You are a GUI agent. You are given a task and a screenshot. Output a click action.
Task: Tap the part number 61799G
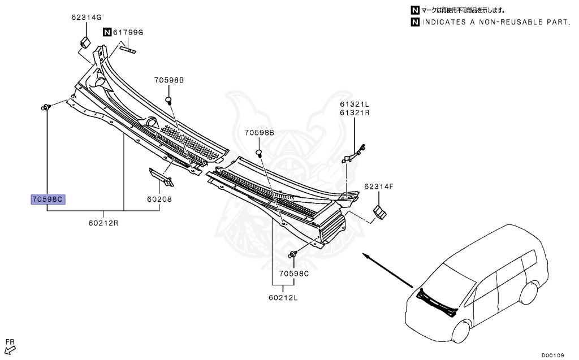coord(128,32)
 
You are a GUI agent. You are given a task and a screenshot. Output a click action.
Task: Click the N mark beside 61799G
coord(106,32)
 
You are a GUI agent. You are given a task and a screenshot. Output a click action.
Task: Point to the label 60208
coord(160,199)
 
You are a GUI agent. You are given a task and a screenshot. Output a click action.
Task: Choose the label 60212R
coord(103,222)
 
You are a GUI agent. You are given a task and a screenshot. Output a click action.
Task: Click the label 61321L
coord(354,105)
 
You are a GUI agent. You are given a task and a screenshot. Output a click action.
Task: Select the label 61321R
coord(354,112)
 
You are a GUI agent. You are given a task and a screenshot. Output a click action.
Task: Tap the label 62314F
coord(378,186)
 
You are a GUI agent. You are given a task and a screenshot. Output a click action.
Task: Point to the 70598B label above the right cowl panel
coord(259,132)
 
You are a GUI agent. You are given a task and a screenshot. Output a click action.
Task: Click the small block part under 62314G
coord(86,42)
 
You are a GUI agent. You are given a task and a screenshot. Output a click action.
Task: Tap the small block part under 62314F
coord(379,212)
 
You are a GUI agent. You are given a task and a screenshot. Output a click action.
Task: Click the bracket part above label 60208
coord(161,176)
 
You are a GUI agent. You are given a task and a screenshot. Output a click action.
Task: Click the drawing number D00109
coord(552,355)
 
